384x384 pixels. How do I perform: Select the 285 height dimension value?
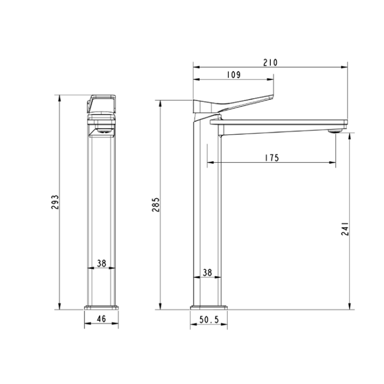point(156,204)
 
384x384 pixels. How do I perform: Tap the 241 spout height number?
point(345,228)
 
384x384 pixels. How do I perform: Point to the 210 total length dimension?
point(270,63)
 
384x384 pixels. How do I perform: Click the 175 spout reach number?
point(271,158)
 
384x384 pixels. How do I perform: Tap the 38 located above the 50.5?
point(207,273)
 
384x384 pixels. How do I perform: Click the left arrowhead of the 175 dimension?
point(209,163)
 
